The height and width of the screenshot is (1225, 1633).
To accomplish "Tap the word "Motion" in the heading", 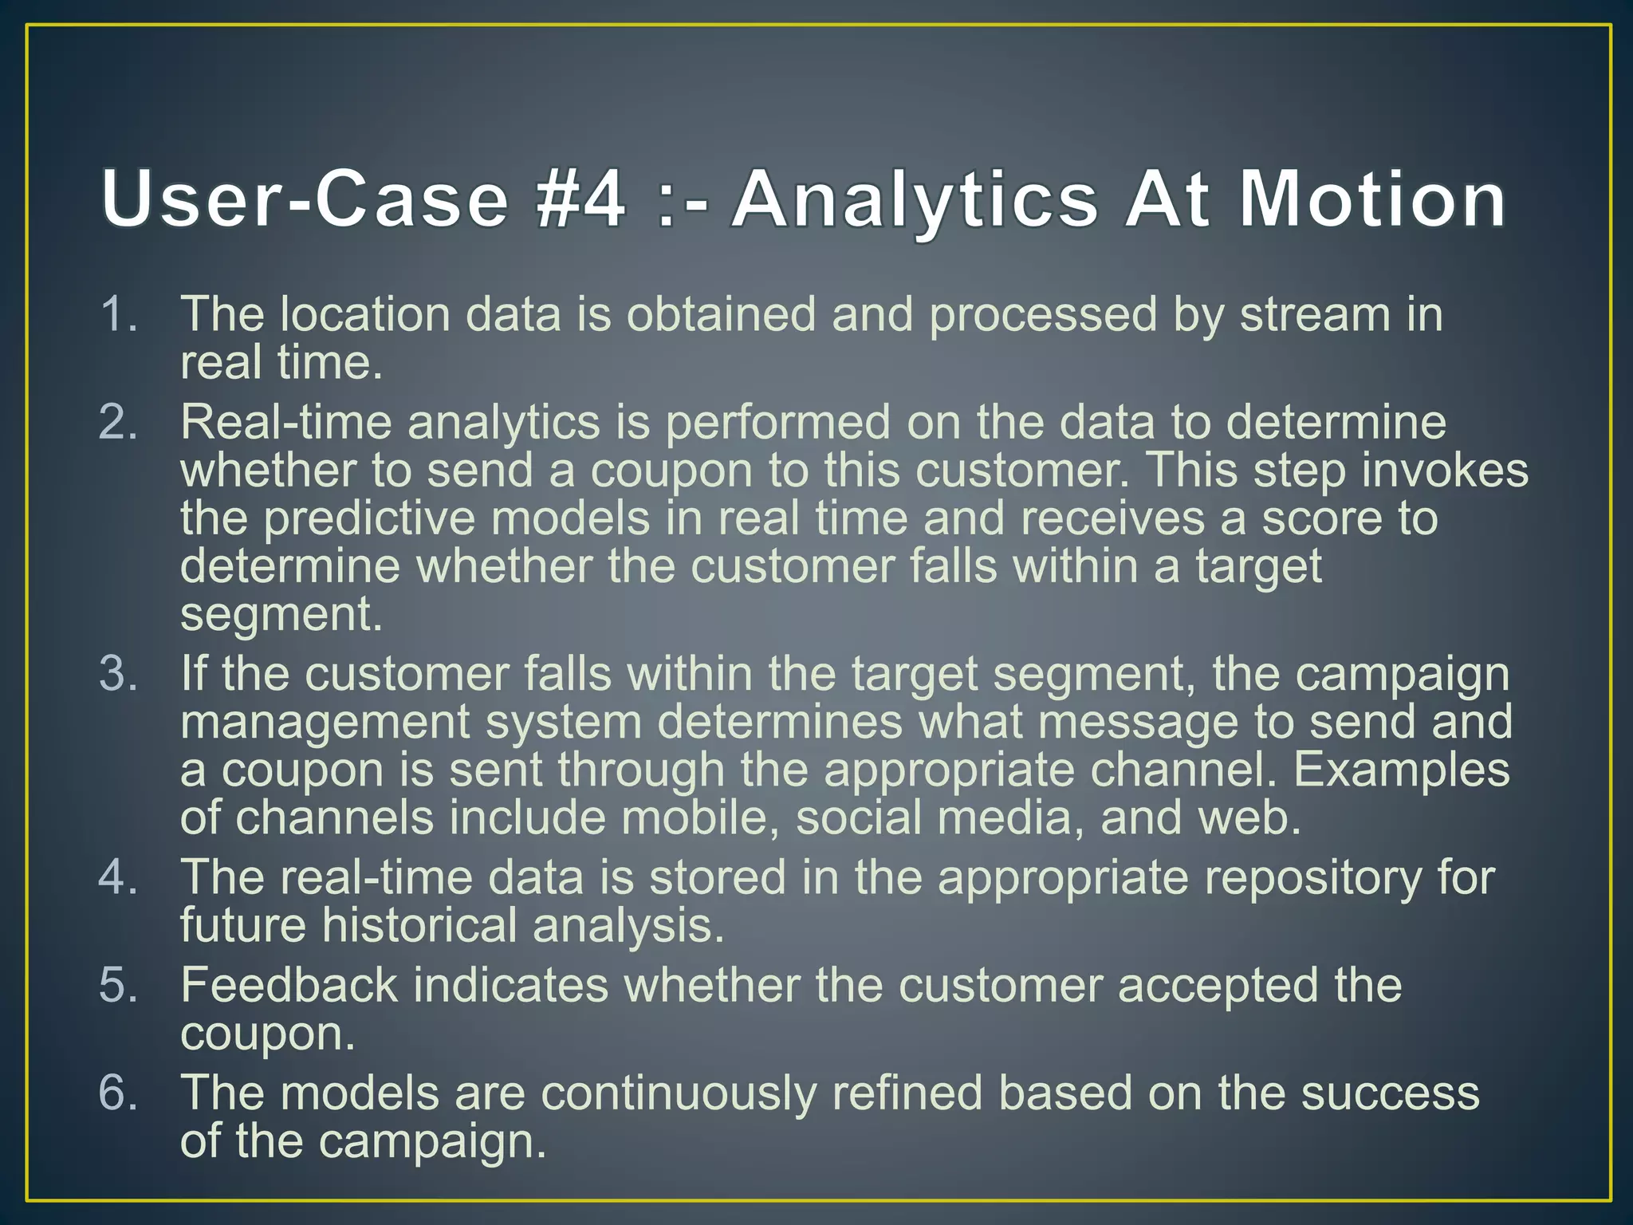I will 1371,199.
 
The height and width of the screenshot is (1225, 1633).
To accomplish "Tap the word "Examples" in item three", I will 1401,770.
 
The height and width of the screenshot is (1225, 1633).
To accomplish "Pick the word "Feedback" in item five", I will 289,985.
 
